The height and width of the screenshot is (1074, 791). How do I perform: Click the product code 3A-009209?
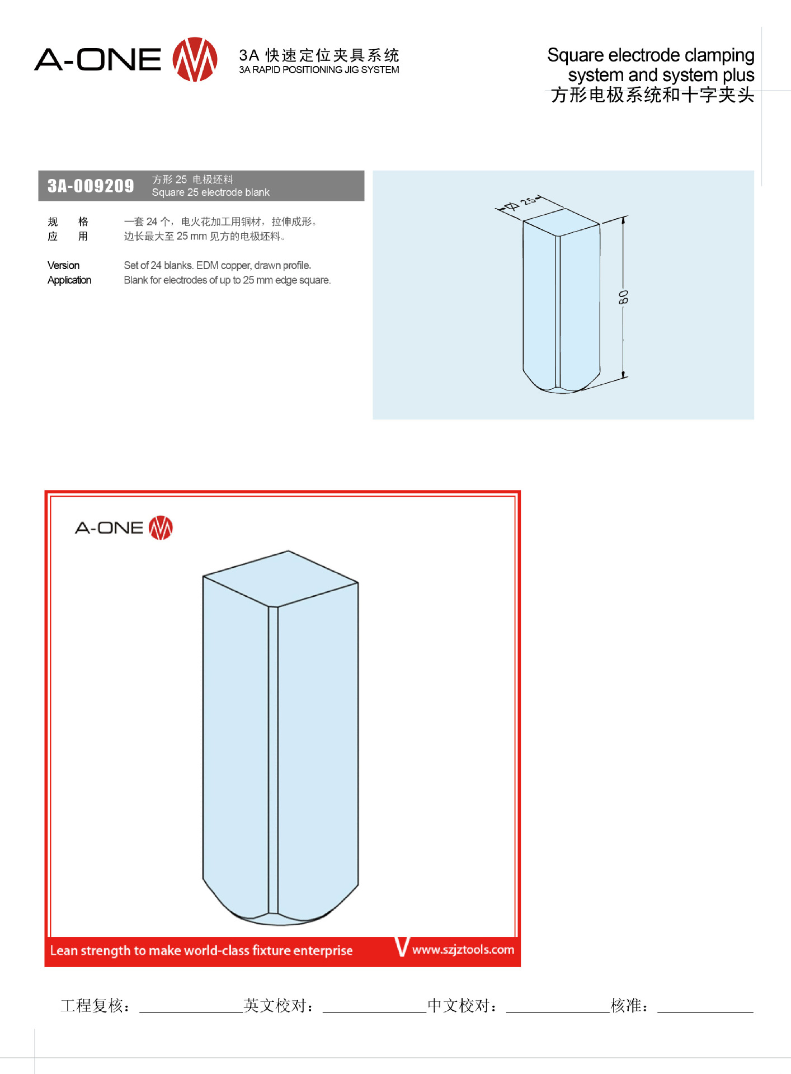(91, 186)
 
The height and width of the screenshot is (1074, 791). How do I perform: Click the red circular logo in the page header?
(195, 59)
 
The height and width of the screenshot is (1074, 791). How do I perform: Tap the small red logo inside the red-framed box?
(161, 527)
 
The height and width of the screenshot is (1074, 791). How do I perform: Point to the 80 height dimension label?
(623, 297)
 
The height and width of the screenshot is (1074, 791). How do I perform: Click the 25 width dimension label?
(528, 201)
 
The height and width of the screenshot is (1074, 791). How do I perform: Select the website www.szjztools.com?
(463, 949)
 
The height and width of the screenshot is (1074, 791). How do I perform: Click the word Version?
(63, 265)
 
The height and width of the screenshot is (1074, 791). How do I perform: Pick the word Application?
(69, 280)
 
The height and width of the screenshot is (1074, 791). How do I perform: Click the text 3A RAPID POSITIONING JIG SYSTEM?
(319, 70)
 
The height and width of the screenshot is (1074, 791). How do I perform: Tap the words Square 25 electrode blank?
(211, 192)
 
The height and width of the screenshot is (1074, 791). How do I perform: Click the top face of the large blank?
(280, 578)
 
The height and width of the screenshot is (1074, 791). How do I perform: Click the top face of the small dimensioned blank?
(561, 222)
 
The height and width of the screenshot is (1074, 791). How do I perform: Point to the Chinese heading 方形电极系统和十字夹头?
(652, 95)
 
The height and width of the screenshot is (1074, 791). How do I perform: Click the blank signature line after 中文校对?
(558, 1012)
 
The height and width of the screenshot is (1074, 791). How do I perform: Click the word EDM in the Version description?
(208, 265)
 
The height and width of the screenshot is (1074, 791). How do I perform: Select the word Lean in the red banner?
(64, 950)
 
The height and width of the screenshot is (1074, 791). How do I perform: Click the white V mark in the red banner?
(402, 946)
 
